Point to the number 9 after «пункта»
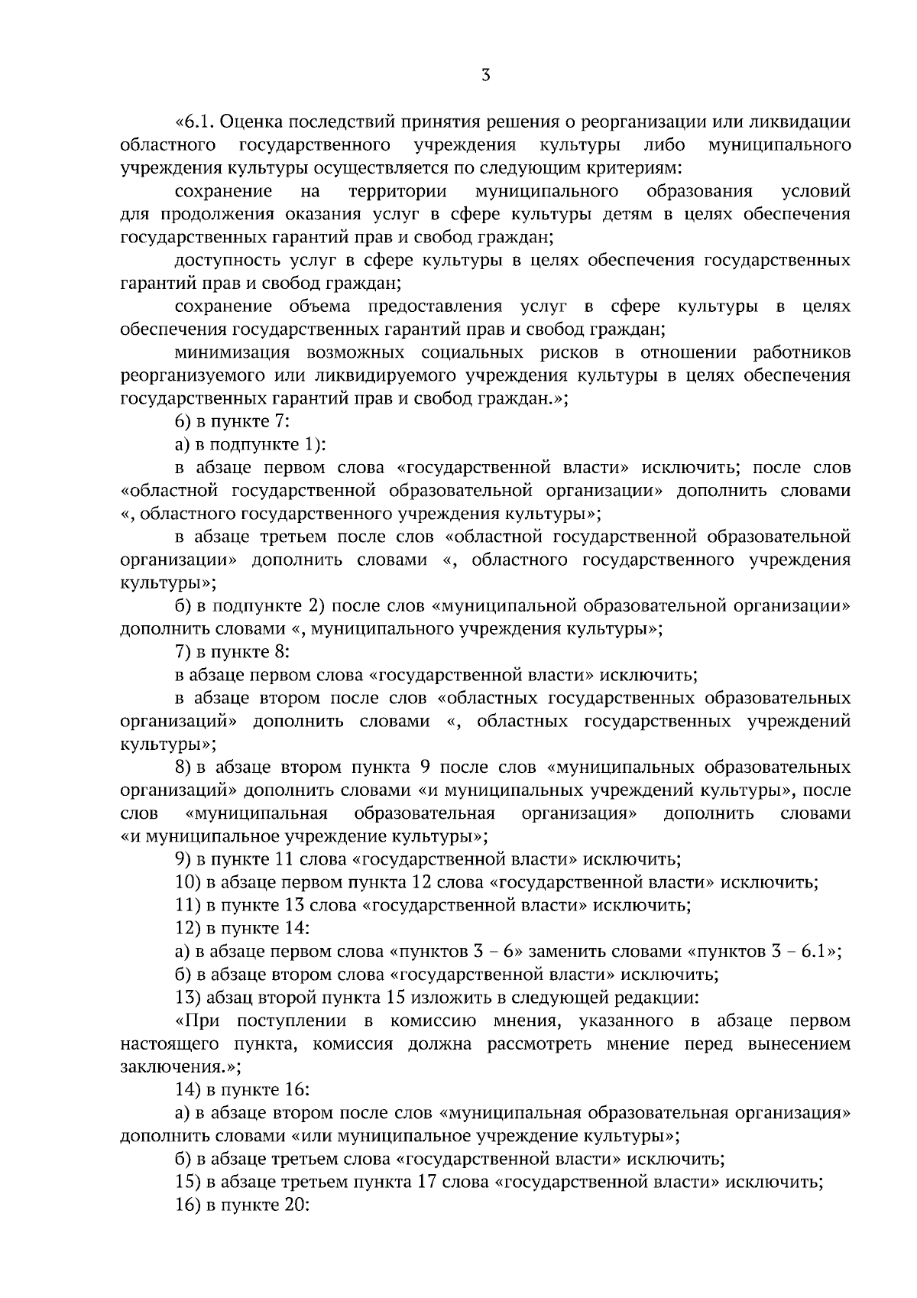(426, 767)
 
